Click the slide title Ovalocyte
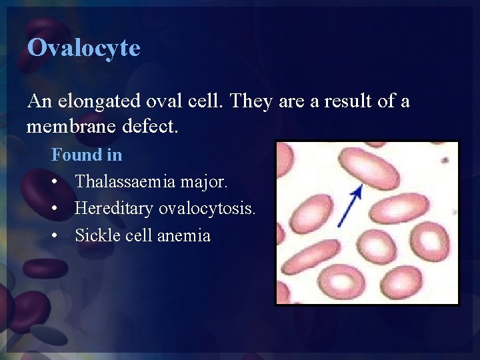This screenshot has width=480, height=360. (84, 48)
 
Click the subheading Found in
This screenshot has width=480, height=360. (87, 155)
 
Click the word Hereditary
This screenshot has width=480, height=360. (114, 209)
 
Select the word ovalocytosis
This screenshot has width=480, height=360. (207, 209)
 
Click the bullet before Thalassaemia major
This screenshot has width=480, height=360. (56, 182)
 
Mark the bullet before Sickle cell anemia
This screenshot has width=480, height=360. (56, 236)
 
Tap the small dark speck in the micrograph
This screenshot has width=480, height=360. (444, 160)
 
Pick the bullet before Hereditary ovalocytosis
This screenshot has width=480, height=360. (56, 209)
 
